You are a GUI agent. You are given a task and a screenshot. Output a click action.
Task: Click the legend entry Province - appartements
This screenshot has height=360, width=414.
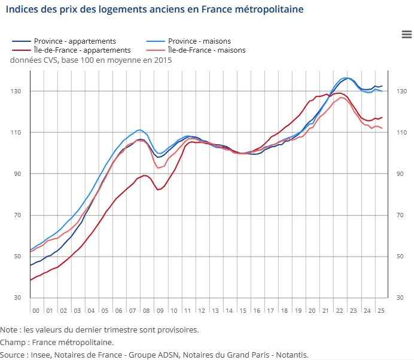click(75, 41)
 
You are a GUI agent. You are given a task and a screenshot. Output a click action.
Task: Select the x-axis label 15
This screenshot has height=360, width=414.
click(243, 311)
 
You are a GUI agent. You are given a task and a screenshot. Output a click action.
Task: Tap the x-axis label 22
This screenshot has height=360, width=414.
click(340, 311)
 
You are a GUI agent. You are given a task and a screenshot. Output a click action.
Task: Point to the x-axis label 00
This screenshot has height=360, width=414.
click(36, 311)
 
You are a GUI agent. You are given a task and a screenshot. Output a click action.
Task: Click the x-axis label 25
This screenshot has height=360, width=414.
click(381, 311)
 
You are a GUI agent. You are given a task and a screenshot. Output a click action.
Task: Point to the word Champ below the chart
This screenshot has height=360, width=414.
click(13, 342)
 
